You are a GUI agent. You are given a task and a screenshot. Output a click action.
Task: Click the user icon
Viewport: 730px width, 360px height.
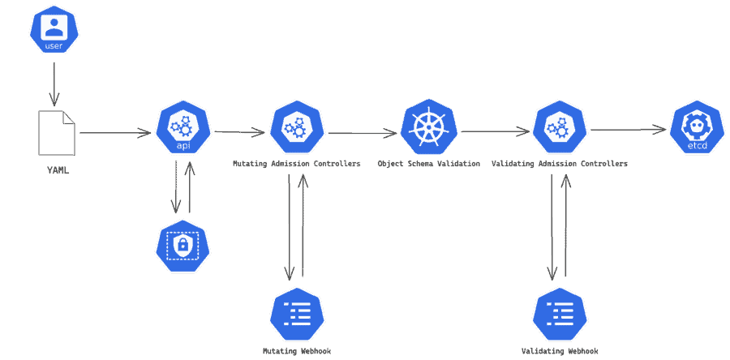[54, 30]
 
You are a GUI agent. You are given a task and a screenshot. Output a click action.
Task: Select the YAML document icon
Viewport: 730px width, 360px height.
[57, 131]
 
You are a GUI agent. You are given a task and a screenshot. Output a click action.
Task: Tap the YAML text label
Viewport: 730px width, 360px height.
[57, 171]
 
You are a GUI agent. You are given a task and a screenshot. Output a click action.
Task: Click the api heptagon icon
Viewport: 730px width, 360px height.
[183, 130]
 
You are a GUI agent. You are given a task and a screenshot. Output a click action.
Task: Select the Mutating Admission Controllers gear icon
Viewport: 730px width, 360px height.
[297, 130]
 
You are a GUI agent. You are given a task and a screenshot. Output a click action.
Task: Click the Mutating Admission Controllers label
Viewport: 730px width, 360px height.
[297, 164]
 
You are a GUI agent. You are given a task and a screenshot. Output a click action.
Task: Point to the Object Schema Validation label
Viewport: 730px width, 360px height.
[429, 164]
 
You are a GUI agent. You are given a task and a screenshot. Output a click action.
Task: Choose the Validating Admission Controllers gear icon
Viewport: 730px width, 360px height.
[560, 130]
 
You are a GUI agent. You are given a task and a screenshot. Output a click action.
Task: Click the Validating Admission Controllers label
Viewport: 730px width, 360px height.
[560, 164]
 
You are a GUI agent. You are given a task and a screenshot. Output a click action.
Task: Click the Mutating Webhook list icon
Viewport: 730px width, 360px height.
[297, 313]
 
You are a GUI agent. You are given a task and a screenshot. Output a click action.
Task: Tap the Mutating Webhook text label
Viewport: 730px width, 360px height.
[297, 352]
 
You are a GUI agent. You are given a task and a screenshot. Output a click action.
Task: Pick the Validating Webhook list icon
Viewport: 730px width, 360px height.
[560, 313]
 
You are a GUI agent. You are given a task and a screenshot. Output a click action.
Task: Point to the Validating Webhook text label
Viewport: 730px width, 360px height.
[560, 352]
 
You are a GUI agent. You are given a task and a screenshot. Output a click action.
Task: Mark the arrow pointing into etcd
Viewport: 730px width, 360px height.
[628, 130]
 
